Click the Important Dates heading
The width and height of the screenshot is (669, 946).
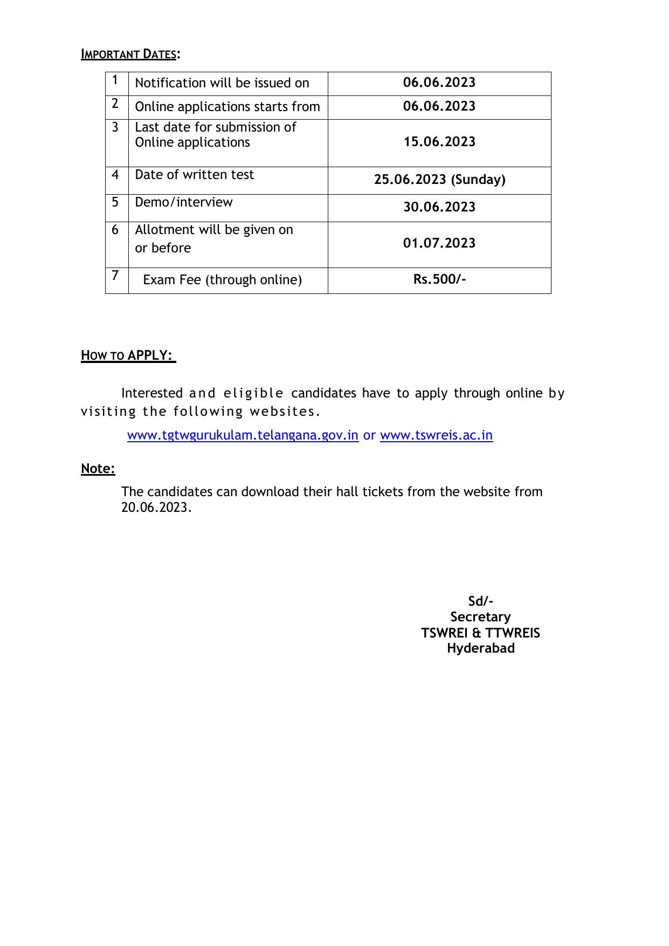(130, 54)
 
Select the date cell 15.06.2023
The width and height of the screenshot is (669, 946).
(439, 142)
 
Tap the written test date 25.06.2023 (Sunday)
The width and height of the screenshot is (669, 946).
(439, 180)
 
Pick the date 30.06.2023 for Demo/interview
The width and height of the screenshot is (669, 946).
(439, 207)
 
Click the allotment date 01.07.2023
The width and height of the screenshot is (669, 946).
(439, 243)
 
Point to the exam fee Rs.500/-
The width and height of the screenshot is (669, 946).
(439, 279)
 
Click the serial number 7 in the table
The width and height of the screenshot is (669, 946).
(115, 276)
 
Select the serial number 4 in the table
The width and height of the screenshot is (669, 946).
(115, 175)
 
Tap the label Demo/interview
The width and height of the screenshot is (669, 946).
(184, 202)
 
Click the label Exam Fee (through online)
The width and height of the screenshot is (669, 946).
(222, 280)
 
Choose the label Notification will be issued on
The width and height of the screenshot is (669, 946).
(222, 83)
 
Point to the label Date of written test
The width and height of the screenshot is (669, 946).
(194, 175)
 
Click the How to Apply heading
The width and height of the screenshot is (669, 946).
(128, 355)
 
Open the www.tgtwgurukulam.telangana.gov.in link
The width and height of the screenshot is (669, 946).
(243, 435)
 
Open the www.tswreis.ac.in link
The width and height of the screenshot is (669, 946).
(436, 435)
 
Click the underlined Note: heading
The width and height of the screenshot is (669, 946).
(98, 469)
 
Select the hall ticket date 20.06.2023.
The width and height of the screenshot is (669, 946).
(155, 508)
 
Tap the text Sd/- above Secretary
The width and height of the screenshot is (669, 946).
(480, 601)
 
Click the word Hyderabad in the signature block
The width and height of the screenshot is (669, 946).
(480, 648)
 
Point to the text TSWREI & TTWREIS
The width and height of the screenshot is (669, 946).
(480, 633)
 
